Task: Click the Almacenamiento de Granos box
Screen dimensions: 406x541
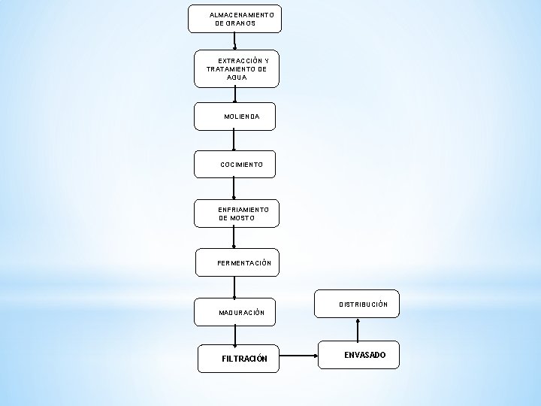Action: pos(234,19)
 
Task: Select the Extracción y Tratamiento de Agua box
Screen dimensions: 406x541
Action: pos(236,68)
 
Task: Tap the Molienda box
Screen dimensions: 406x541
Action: pos(234,116)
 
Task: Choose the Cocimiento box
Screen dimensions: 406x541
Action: pos(234,164)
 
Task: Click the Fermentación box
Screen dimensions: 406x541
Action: pos(236,262)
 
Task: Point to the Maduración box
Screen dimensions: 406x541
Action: pos(234,311)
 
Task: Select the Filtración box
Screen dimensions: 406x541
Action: pos(239,358)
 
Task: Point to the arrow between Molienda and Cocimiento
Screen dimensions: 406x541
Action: pos(234,140)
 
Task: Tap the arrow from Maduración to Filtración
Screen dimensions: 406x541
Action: pos(235,335)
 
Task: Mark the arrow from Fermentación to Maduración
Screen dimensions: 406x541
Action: pos(235,287)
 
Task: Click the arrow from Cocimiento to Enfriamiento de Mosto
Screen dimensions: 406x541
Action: pos(234,188)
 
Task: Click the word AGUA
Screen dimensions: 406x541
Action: pos(237,77)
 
